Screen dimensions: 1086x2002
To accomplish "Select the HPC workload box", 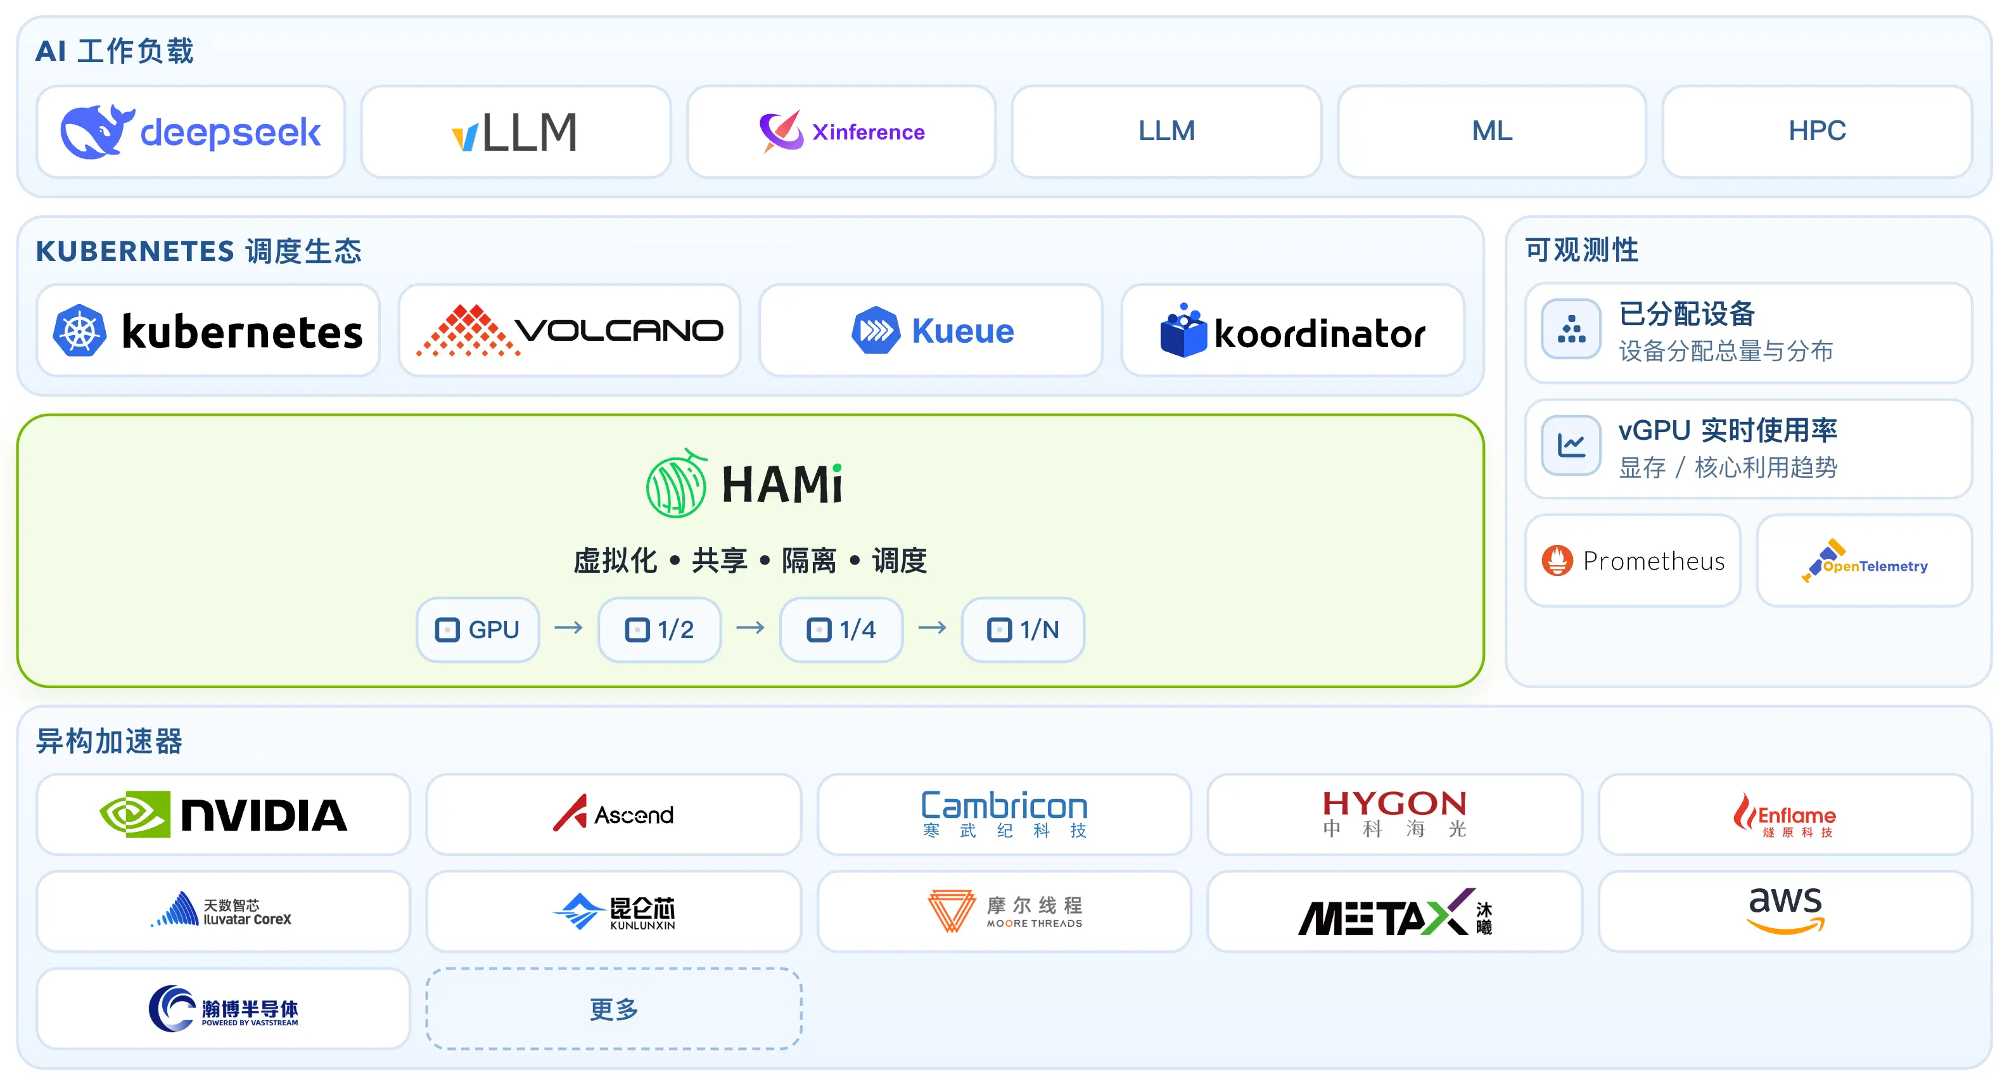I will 1816,131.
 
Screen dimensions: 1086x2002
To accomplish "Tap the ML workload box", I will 1491,131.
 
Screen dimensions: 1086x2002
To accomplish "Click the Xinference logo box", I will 841,131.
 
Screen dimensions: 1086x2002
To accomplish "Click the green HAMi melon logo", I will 676,483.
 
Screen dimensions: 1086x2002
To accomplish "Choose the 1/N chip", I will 1022,629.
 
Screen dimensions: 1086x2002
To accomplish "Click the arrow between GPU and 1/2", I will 568,627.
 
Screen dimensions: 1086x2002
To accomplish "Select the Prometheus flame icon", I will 1557,561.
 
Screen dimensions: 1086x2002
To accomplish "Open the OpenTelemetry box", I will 1864,561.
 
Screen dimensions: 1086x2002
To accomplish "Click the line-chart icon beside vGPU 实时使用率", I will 1571,445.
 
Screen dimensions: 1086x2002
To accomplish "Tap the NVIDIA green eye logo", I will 135,814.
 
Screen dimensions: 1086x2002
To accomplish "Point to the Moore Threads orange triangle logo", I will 951,910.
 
